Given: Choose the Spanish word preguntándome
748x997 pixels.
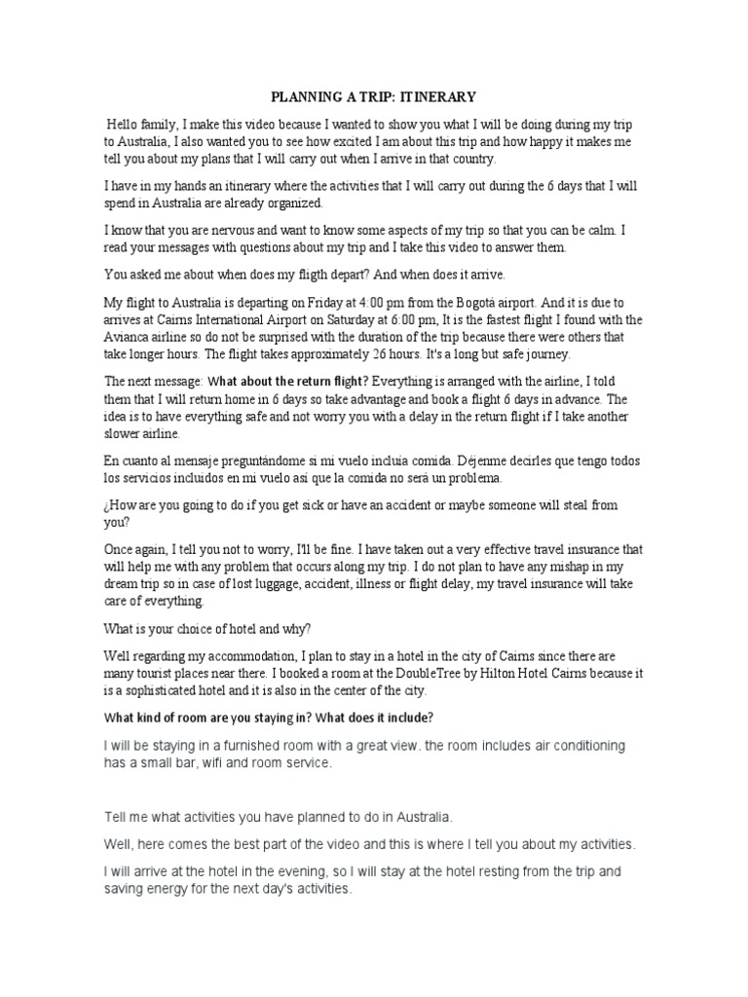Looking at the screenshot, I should coord(264,461).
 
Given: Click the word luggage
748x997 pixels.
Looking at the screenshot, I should coord(296,585).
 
